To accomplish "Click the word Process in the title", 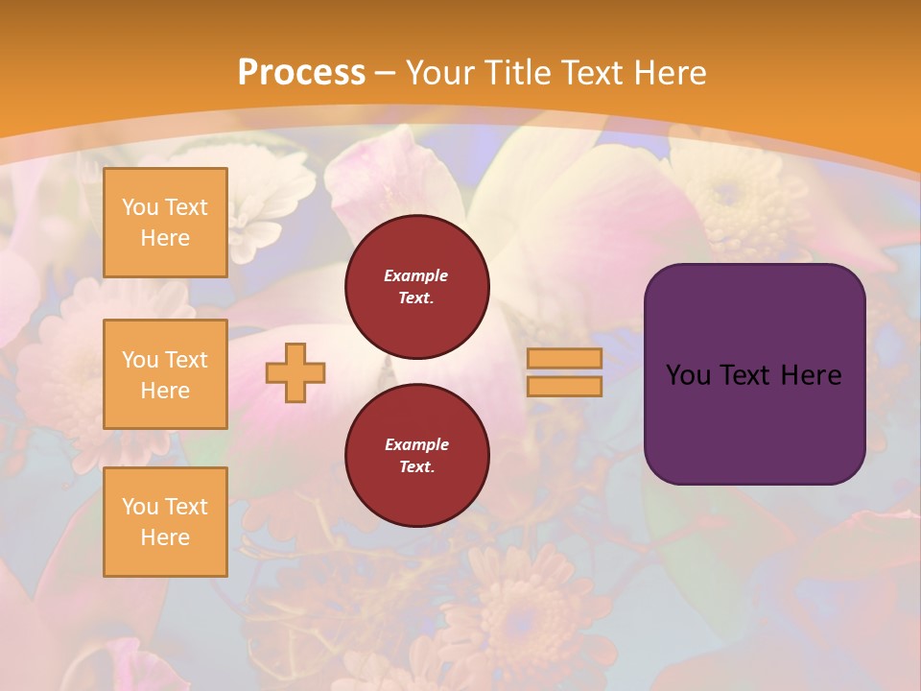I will click(301, 73).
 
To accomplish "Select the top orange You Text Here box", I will click(165, 223).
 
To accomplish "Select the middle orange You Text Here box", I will click(165, 374).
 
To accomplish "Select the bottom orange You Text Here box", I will click(165, 522).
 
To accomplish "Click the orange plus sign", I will click(295, 372).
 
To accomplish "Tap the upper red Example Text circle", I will click(416, 287).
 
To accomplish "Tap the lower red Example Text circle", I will click(416, 456).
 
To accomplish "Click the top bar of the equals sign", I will click(564, 358).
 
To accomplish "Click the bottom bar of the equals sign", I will click(564, 387).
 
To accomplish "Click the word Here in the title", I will click(671, 73).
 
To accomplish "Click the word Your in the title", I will click(442, 73).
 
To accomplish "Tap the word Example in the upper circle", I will click(416, 275).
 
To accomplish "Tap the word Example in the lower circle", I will click(416, 444).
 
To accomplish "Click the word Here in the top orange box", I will click(165, 238).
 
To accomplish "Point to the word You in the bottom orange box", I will click(140, 507).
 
